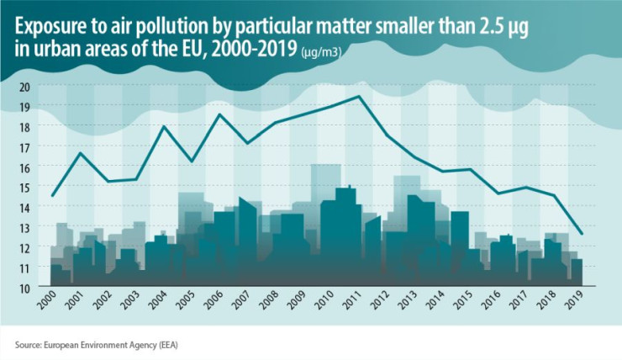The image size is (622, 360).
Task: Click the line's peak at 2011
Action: (x=359, y=97)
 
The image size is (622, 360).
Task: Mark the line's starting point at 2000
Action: (x=52, y=196)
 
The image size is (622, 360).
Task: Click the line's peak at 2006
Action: (x=219, y=114)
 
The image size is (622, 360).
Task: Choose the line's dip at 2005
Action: (x=192, y=161)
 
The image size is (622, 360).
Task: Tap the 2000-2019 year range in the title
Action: (x=255, y=49)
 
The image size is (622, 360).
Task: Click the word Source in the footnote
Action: (x=29, y=344)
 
